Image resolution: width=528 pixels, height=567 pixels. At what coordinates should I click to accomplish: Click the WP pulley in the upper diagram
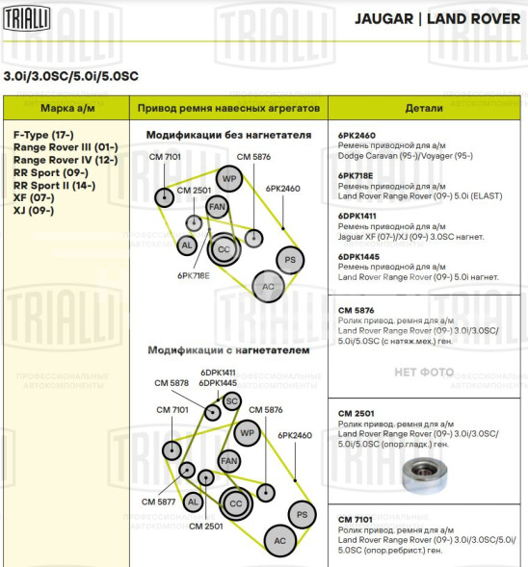(x=228, y=179)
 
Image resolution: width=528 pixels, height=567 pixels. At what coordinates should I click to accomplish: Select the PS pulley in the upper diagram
(x=289, y=259)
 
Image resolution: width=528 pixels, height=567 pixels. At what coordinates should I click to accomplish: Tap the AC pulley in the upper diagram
(x=267, y=285)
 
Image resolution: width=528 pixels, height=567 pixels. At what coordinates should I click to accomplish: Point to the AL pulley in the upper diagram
(x=187, y=245)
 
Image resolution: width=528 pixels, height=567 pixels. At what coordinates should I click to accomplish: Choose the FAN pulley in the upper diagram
(x=218, y=206)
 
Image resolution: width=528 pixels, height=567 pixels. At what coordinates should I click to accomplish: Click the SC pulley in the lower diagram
(x=231, y=400)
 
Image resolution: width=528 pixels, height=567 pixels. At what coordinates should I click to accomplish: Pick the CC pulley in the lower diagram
(x=234, y=502)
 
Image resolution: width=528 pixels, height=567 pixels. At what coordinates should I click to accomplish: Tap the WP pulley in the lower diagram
(x=247, y=433)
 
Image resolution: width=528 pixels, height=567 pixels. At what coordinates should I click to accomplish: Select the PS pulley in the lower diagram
(x=302, y=515)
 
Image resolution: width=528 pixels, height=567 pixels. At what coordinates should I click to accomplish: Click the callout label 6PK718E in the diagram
(x=193, y=274)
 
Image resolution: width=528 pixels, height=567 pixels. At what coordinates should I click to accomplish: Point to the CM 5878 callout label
(x=172, y=383)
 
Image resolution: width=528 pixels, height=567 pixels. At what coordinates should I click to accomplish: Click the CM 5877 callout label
(x=159, y=501)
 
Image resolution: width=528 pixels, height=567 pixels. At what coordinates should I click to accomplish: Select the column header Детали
(x=424, y=109)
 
